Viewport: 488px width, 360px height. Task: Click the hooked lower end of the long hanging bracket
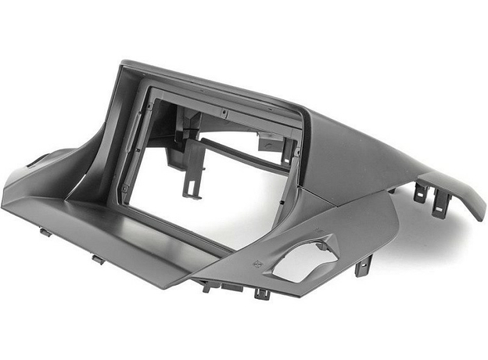point(190,191)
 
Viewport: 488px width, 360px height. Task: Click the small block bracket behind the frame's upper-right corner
point(270,140)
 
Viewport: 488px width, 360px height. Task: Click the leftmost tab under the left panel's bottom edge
point(45,232)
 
